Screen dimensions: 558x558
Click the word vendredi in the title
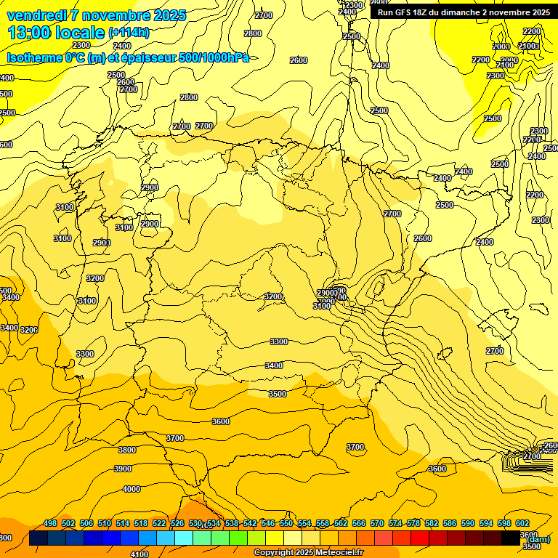36,15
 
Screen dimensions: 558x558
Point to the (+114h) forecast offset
128,33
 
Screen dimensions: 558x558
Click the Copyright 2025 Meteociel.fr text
308,553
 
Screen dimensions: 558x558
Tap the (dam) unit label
538,539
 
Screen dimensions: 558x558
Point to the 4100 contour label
139,554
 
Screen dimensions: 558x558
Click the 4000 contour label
132,489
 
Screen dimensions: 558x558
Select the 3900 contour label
123,469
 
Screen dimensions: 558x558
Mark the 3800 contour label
127,450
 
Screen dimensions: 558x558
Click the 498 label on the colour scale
50,523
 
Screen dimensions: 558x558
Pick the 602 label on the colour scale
522,523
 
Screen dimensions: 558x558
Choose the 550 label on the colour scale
286,523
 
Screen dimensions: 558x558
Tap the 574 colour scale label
395,523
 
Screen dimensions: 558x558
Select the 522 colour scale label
159,523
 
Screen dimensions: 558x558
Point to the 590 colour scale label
468,523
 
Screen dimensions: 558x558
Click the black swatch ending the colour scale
511,538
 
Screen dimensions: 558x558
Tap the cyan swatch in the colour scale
184,538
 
